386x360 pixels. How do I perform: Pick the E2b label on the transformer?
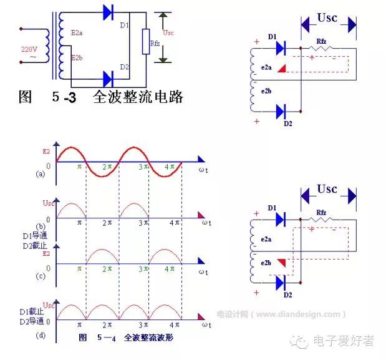pos(77,58)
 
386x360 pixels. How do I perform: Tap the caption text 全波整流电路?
pos(137,97)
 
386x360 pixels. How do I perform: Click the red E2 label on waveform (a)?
pos(46,151)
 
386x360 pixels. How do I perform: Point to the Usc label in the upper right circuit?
pos(327,17)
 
